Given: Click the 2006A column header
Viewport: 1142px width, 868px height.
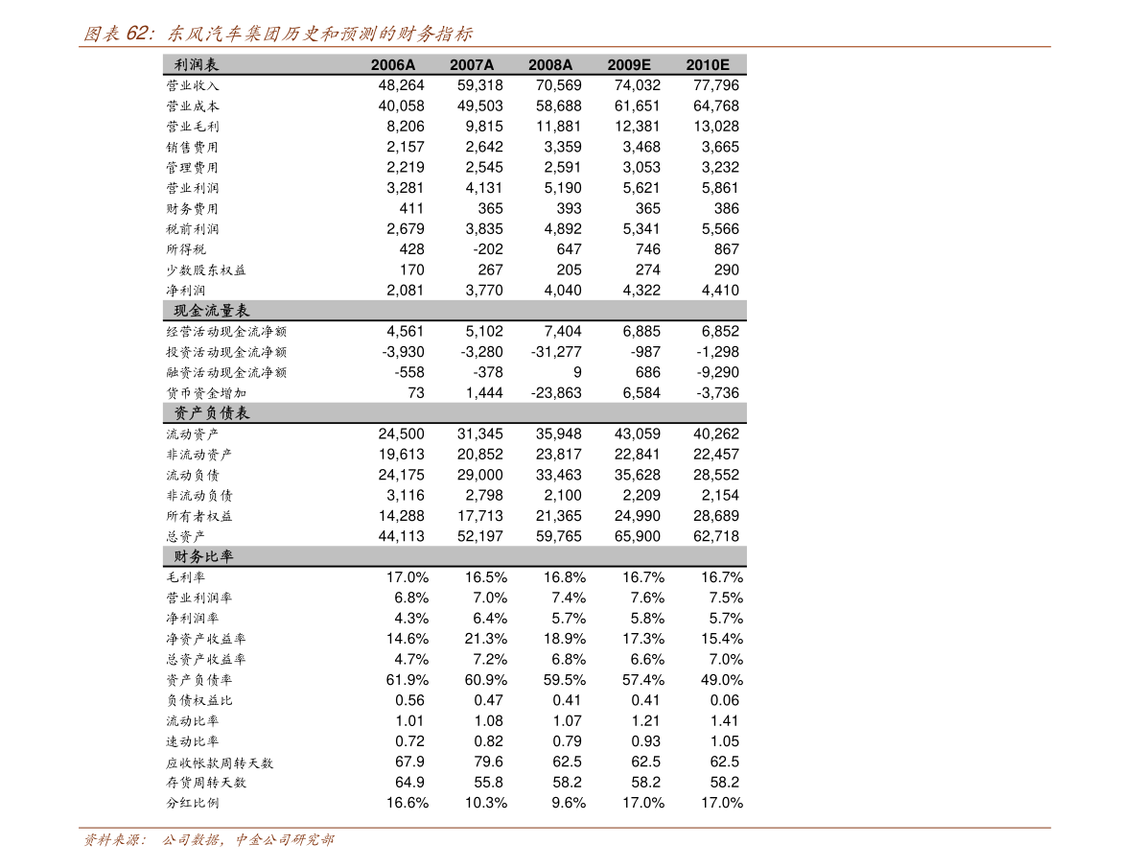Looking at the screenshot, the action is click(x=393, y=65).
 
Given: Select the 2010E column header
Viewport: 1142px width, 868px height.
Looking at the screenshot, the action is click(x=708, y=65).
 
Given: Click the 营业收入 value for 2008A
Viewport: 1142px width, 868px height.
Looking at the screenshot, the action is click(x=559, y=85).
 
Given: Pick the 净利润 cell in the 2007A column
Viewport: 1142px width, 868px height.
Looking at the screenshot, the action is click(x=484, y=290).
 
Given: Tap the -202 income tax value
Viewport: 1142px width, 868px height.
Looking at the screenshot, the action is click(x=488, y=249).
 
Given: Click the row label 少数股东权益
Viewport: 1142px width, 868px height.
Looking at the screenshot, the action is click(x=206, y=270).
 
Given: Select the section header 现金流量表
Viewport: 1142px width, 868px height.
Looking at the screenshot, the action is click(x=211, y=311).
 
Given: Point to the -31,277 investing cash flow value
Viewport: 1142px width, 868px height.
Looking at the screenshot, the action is click(x=556, y=352).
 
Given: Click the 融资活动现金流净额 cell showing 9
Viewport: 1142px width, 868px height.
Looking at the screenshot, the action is click(x=577, y=372).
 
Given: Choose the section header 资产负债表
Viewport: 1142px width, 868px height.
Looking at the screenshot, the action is click(x=211, y=413).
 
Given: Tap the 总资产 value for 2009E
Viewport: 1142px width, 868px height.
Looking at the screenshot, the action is click(x=638, y=536).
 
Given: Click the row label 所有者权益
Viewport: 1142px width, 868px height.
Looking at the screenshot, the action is click(x=198, y=516).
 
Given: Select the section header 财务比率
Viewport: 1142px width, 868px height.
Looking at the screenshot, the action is click(x=203, y=557).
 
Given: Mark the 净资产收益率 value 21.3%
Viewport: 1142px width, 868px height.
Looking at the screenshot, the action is click(x=486, y=639).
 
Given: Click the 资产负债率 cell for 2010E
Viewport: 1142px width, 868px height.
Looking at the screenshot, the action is click(x=722, y=680).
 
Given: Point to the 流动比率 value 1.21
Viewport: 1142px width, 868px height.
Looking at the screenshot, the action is click(x=645, y=721).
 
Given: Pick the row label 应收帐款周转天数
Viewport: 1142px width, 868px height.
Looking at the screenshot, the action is click(x=220, y=763).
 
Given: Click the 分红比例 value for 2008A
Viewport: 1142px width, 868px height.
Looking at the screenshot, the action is click(x=569, y=803).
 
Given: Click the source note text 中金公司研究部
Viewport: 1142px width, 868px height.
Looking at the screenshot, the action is click(x=285, y=840).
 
